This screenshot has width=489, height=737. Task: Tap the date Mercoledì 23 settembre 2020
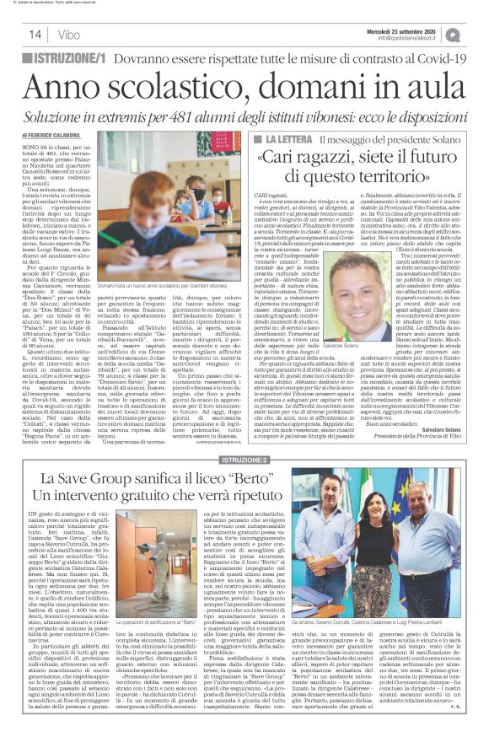pyautogui.click(x=409, y=29)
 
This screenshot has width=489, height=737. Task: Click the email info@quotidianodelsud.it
pyautogui.click(x=416, y=38)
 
